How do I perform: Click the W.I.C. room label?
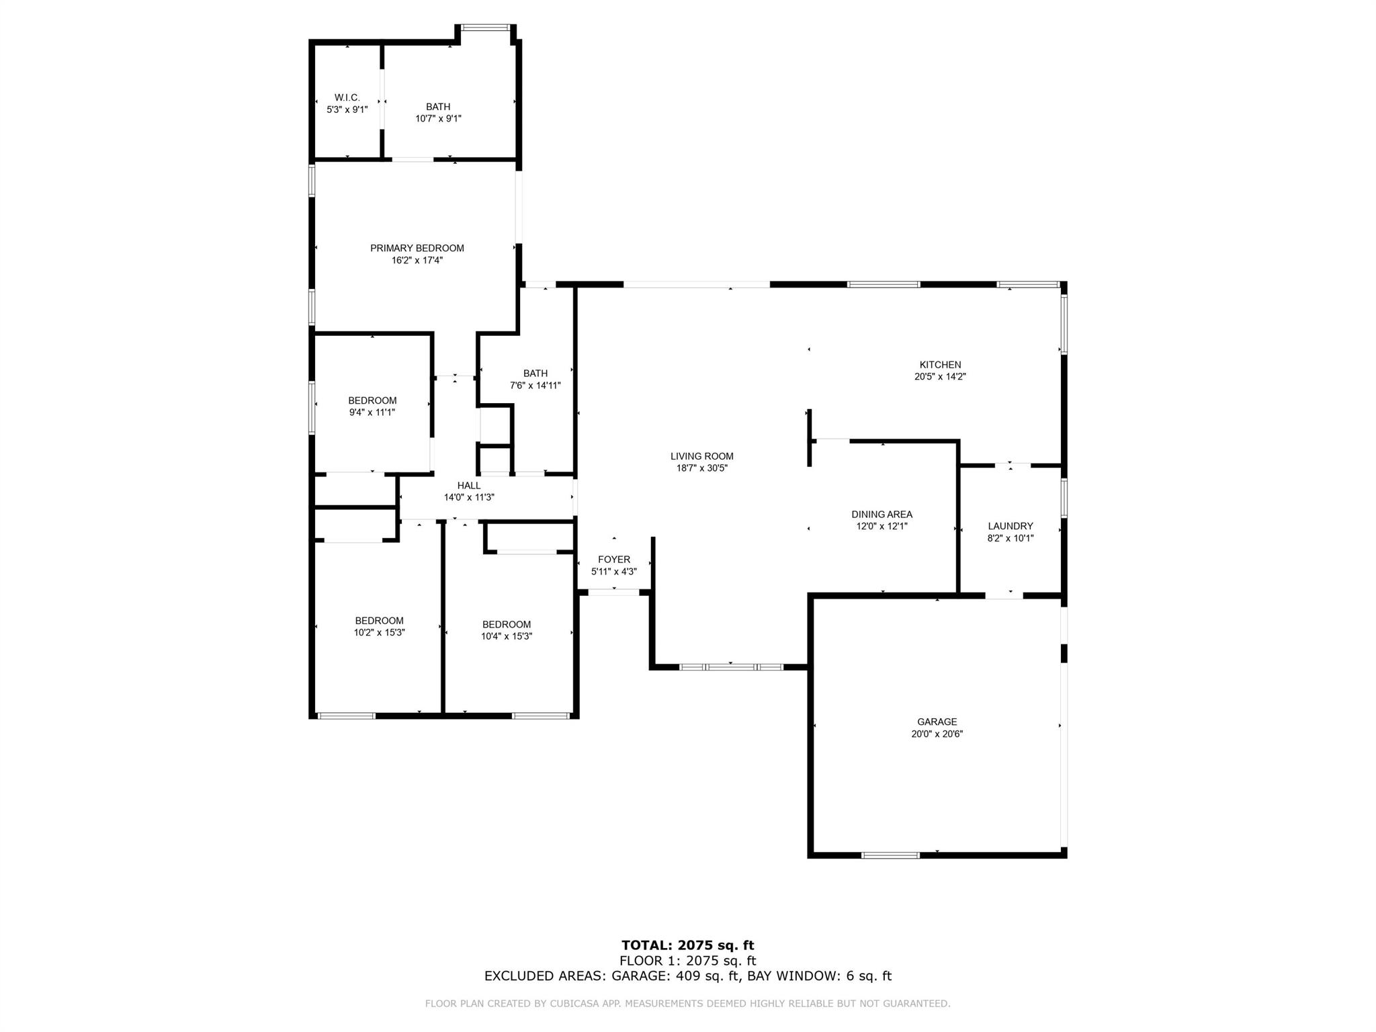347,97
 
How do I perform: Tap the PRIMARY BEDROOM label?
417,248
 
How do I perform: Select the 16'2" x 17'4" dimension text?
417,260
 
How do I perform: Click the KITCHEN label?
940,365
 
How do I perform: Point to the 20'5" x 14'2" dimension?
940,377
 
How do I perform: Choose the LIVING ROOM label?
702,456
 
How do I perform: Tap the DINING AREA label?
882,515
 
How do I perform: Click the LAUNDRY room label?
1010,526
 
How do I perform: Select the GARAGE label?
937,722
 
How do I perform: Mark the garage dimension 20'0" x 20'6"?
937,734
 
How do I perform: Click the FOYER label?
614,560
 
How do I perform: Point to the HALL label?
469,486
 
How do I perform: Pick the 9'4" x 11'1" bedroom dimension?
372,413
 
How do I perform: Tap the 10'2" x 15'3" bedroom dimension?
380,632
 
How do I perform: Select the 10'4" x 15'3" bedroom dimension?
507,636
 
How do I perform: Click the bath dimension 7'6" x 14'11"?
535,386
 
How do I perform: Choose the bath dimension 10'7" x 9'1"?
439,119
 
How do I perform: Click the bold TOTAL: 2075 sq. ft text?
688,946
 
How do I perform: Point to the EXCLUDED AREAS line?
688,976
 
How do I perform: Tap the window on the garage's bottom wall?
891,855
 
